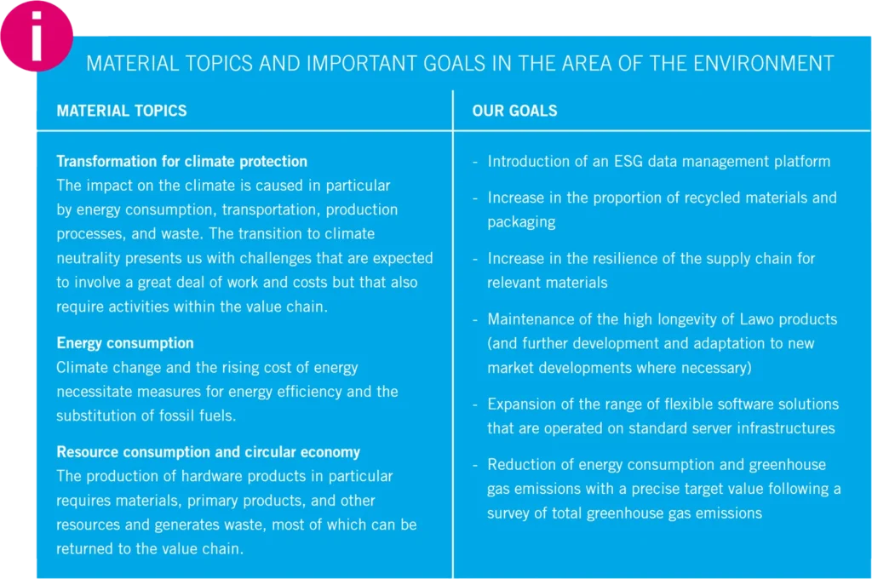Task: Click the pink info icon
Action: [x=37, y=36]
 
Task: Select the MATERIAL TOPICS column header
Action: [x=122, y=111]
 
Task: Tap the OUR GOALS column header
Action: [x=514, y=111]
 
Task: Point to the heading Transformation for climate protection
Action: [x=182, y=161]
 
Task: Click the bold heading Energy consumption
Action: [x=125, y=343]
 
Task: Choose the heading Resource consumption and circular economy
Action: [x=209, y=451]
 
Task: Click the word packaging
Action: [x=521, y=222]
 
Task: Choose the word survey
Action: [x=509, y=513]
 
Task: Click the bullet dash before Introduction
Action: [x=475, y=163]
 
